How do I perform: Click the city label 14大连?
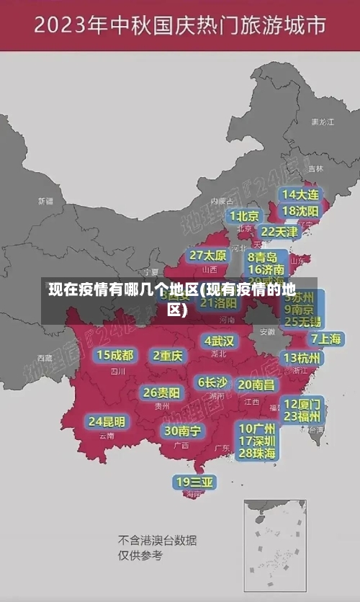300,195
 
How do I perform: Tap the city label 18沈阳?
300,211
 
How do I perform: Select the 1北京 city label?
245,216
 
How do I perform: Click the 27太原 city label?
208,256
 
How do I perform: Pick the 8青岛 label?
263,256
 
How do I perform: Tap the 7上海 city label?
326,338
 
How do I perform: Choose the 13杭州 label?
303,358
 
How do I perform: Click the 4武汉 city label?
220,341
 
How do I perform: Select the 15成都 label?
115,355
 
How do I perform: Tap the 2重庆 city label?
168,356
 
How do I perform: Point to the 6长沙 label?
213,382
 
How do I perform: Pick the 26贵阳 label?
161,392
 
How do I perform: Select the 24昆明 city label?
107,421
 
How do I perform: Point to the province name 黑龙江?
322,122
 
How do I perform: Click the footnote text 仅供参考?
140,555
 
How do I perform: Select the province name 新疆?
45,201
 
